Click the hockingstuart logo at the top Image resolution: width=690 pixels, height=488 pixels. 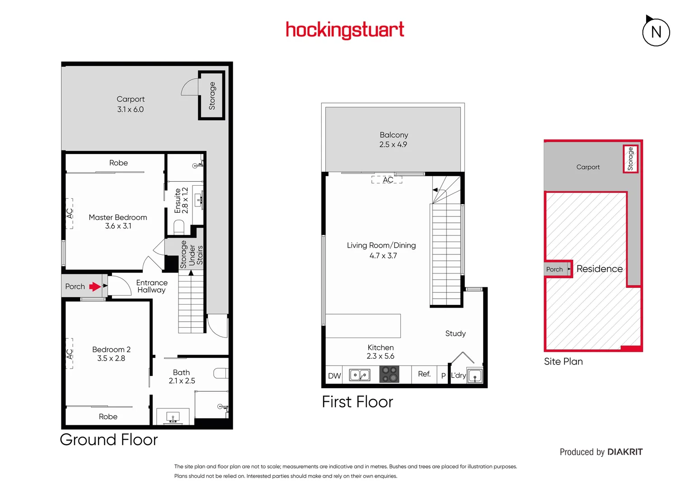[345, 30]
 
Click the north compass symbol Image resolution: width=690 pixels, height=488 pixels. [656, 32]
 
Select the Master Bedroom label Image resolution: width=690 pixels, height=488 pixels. [118, 217]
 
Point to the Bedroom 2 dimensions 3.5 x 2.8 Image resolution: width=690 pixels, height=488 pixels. [111, 358]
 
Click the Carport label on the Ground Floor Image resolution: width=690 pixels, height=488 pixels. [131, 99]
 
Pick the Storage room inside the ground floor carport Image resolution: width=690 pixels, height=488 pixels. [211, 96]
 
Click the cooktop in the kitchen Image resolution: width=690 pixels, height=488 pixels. [389, 375]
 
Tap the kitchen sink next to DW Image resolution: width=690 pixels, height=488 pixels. [360, 375]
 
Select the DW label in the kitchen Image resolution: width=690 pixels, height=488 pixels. [334, 376]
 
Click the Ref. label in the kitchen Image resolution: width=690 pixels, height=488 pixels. [424, 374]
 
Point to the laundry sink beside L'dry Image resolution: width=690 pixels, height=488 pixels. [475, 376]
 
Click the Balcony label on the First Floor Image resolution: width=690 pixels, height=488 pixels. [394, 135]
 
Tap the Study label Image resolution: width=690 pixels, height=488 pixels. [455, 333]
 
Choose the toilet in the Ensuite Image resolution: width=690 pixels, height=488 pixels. [179, 226]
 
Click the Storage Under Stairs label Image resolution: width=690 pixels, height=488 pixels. [192, 255]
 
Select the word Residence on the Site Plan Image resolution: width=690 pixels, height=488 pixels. [599, 269]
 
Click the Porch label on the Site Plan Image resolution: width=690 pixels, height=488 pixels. [554, 269]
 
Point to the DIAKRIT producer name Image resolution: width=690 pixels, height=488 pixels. [625, 452]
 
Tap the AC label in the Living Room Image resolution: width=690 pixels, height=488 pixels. [388, 180]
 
